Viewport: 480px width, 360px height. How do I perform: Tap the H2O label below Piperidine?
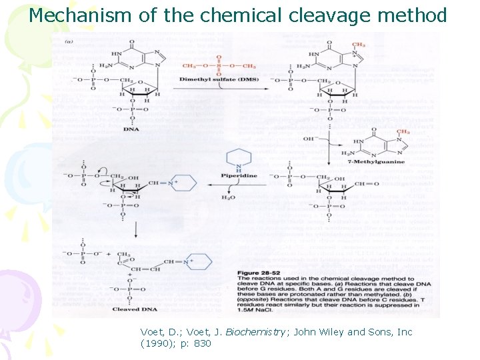coord(228,198)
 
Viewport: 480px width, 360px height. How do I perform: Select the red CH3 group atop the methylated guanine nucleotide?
coord(358,45)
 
